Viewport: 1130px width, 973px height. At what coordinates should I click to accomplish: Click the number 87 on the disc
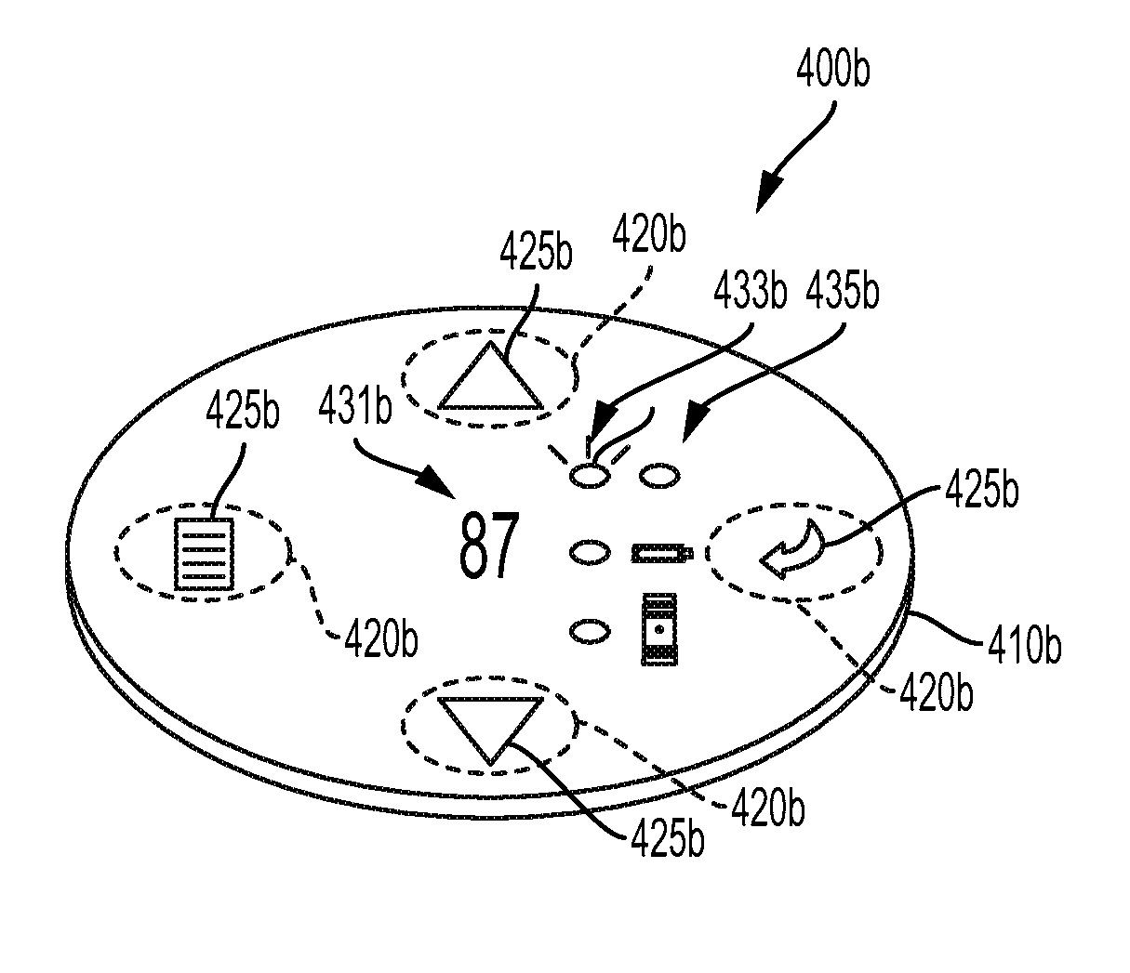487,548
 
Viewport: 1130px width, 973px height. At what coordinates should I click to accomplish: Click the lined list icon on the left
204,555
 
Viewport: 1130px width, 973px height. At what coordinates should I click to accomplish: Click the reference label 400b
833,71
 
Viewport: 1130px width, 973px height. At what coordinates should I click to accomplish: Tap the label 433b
750,291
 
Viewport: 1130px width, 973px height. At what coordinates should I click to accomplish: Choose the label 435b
842,291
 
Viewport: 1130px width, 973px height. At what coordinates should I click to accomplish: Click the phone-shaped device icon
660,631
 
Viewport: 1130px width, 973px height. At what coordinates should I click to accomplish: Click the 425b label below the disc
667,840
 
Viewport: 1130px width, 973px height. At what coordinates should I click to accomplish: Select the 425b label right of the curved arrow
982,491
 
